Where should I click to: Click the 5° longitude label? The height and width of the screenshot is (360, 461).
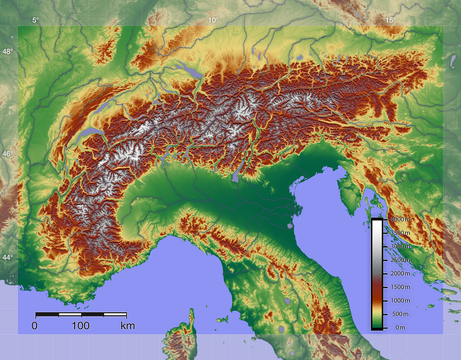(x=36, y=20)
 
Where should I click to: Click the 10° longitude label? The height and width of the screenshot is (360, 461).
(x=213, y=20)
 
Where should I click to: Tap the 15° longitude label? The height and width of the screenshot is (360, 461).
(x=391, y=20)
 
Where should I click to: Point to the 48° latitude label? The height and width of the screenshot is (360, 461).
(x=8, y=51)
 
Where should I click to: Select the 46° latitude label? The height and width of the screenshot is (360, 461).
(x=8, y=154)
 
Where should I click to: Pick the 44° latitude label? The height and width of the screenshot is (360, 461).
(x=8, y=257)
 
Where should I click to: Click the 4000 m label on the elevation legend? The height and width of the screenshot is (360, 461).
(x=400, y=219)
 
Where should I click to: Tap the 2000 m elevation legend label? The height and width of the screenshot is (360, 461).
(x=400, y=273)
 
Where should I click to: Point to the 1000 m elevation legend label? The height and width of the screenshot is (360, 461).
(x=400, y=300)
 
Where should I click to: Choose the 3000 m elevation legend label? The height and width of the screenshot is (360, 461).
(x=400, y=246)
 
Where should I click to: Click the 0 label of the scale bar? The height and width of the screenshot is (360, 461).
(x=35, y=326)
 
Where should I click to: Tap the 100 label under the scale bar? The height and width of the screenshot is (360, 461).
(x=81, y=326)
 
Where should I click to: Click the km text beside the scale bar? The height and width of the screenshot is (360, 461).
(x=128, y=326)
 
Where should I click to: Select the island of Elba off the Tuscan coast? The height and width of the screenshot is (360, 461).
(x=222, y=320)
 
